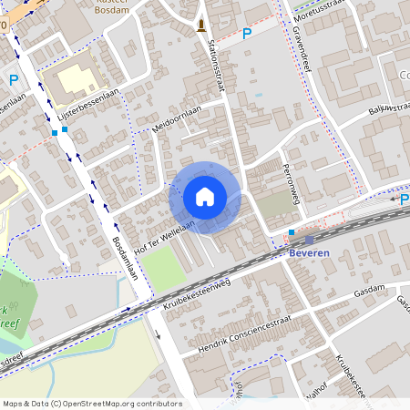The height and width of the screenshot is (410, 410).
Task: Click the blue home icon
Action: point(205,197)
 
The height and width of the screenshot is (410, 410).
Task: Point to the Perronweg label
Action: point(291,183)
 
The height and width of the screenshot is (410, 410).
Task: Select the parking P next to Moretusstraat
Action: point(246,34)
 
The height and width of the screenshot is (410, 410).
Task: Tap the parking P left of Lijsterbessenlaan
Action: point(14,80)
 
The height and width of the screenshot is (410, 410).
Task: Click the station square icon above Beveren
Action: point(291,233)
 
